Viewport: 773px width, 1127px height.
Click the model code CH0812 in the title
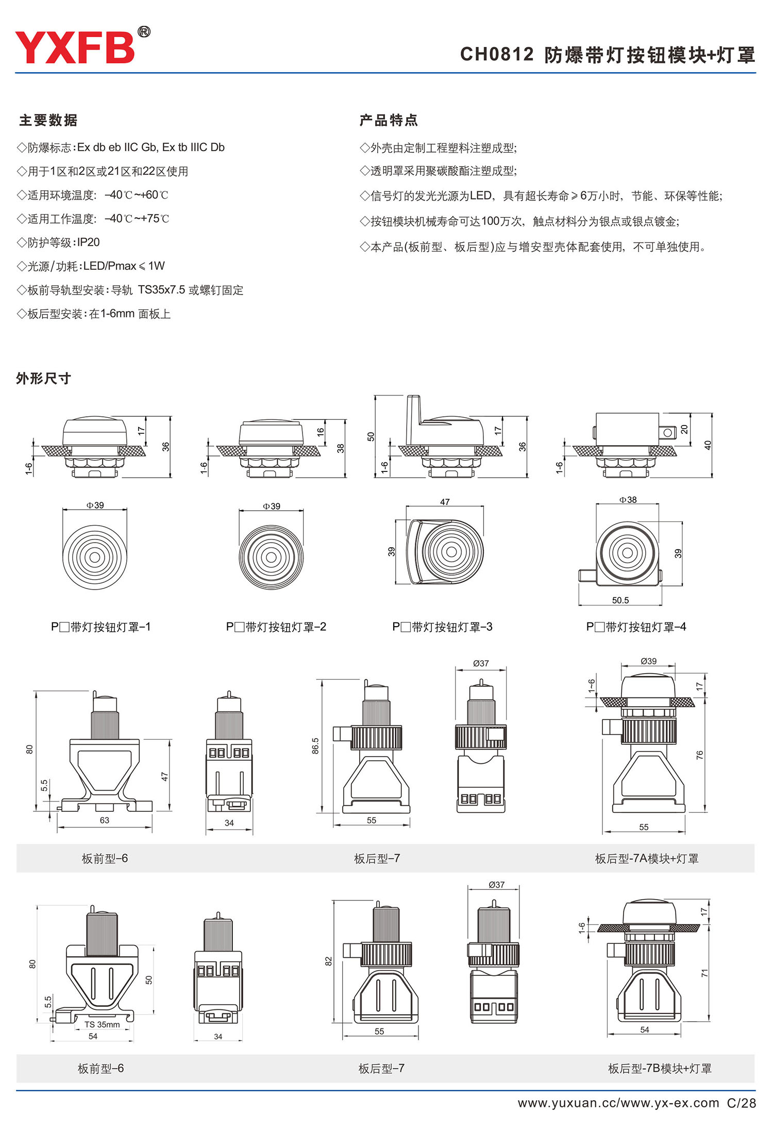497,55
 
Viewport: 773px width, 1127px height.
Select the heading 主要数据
48,120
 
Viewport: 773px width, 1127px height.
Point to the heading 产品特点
389,120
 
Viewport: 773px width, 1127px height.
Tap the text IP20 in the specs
88,242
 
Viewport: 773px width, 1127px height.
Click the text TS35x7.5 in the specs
161,290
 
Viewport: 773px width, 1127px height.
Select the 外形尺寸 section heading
43,379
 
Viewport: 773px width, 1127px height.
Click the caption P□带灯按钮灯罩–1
100,627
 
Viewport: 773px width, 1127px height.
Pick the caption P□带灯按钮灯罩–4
636,627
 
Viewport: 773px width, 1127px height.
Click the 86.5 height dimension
315,745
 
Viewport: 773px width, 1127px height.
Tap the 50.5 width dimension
620,600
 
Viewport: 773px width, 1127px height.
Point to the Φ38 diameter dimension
628,500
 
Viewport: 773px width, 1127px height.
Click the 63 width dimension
105,820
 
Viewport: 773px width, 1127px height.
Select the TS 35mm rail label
102,1024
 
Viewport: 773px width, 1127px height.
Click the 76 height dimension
699,755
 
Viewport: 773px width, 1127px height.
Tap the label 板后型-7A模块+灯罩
647,858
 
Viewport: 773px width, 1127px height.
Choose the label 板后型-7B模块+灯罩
660,1068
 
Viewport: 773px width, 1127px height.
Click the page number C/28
741,1103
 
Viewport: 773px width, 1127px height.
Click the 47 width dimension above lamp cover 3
445,502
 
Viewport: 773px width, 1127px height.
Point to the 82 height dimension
328,961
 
